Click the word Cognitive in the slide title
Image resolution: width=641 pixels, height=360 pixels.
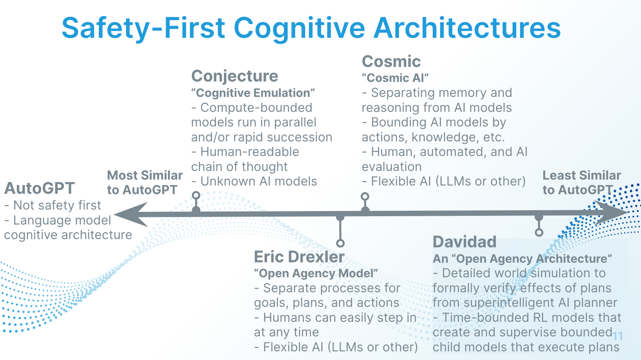point(300,28)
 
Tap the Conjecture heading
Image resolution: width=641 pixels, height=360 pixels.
point(235,76)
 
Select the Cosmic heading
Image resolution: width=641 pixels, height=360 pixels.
point(391,61)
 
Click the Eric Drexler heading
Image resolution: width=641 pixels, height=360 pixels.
point(299,257)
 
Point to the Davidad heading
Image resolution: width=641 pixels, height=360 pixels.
point(464,242)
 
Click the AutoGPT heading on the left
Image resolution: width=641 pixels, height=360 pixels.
point(39,188)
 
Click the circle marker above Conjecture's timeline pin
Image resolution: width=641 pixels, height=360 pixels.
point(196,195)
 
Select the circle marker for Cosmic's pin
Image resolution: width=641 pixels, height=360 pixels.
point(365,196)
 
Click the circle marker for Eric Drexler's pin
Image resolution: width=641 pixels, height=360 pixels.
point(341,243)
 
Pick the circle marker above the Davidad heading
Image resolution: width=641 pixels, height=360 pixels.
point(539,232)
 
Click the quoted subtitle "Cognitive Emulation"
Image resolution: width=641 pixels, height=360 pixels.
point(253,93)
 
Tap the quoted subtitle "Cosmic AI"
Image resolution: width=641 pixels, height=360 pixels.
point(395,78)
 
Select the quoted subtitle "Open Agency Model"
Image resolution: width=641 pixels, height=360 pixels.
point(316,273)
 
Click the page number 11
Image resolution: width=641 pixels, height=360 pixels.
point(618,336)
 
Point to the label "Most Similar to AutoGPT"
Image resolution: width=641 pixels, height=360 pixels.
point(145,182)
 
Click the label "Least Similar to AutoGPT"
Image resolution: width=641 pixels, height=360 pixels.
point(581,182)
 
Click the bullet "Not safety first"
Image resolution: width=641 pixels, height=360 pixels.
point(53,205)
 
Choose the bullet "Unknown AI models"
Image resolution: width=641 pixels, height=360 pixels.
point(254,182)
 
